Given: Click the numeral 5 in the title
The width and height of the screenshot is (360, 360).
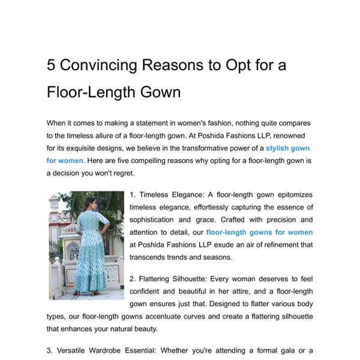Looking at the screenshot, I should pyautogui.click(x=52, y=65).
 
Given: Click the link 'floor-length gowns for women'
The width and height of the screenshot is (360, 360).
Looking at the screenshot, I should pyautogui.click(x=259, y=232).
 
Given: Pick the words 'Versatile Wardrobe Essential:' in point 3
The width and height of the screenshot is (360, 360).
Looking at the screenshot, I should pyautogui.click(x=106, y=351).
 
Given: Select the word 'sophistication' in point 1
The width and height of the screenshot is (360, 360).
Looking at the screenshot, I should pyautogui.click(x=158, y=220).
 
